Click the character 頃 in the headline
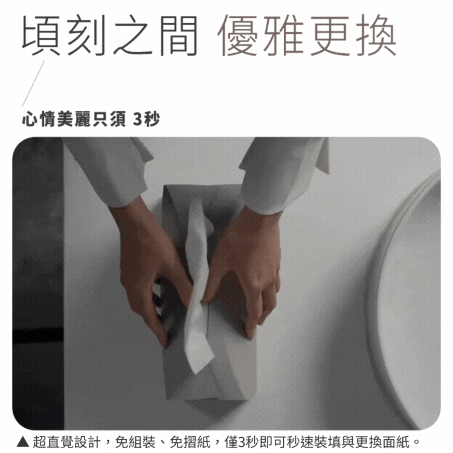coord(41,35)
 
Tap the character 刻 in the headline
coord(86,35)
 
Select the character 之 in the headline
coord(133,35)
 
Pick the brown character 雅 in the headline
coord(283,35)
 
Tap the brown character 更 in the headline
coord(330,35)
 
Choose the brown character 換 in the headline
coord(376,35)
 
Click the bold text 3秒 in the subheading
coord(146,120)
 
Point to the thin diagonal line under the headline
coord(33,83)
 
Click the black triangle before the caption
coord(22,442)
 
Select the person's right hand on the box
coord(150,266)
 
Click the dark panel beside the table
coord(37,283)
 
